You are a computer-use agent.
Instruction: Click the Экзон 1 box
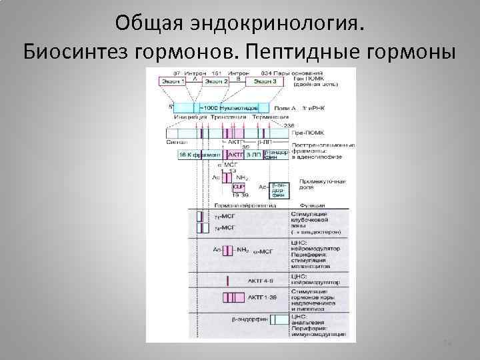[x=173, y=81]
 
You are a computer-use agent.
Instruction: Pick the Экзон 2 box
[x=215, y=81]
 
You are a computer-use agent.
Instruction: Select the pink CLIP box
[x=239, y=187]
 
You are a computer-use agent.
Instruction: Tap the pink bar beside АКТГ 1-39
[x=233, y=297]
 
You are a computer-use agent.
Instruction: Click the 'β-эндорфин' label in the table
[x=247, y=320]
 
